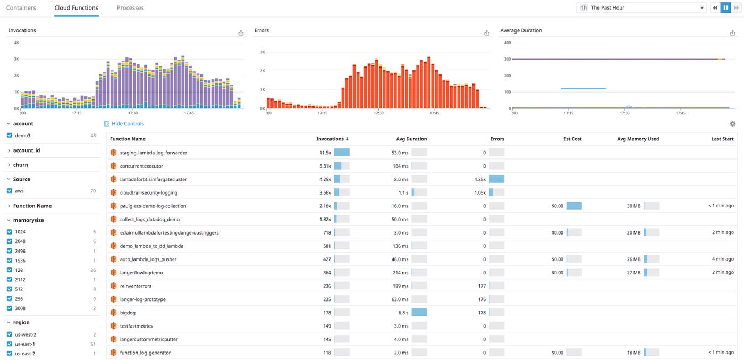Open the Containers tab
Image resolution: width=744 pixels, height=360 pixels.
point(21,8)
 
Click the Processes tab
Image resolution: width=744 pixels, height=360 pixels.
point(130,8)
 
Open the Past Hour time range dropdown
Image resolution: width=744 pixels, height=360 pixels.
point(641,8)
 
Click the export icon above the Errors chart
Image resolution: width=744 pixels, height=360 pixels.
point(487,33)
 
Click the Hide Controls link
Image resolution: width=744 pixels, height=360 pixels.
point(127,124)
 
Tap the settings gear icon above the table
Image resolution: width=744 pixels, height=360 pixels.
point(732,124)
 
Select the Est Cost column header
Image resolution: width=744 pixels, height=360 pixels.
point(572,139)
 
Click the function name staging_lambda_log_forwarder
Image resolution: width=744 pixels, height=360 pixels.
point(153,153)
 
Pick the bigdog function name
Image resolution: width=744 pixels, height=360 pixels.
point(128,313)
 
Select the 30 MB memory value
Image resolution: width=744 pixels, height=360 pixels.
point(633,206)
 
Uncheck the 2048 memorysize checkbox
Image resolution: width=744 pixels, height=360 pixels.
point(10,241)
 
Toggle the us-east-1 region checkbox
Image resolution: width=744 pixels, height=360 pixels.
point(10,344)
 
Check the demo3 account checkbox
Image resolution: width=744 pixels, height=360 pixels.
point(10,136)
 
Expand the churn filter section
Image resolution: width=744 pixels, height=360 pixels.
point(20,165)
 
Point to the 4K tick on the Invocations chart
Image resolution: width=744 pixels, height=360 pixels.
point(16,43)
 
